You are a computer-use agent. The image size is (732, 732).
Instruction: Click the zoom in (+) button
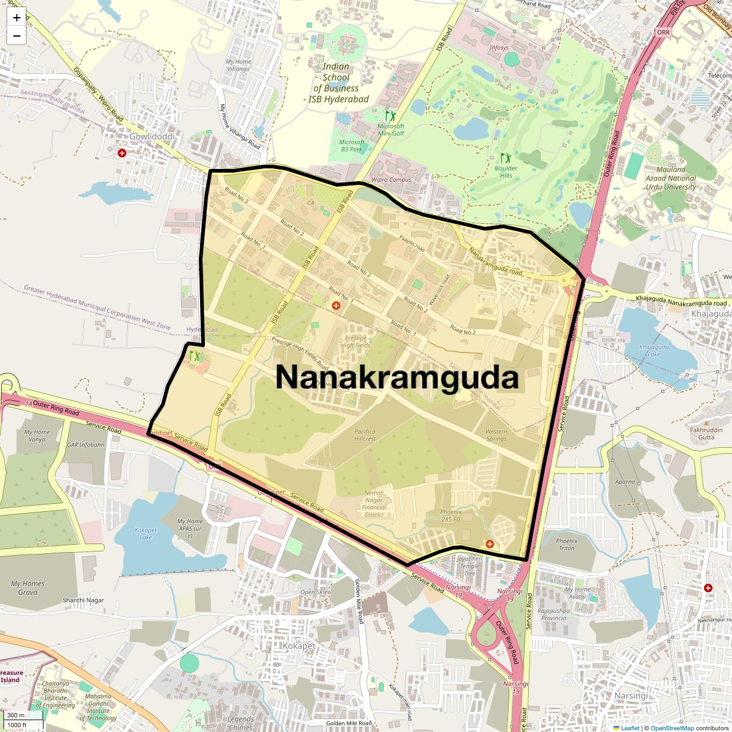[x=16, y=18]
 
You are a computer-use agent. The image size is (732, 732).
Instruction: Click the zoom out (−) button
[x=16, y=35]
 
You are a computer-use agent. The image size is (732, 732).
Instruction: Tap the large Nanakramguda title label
[x=397, y=377]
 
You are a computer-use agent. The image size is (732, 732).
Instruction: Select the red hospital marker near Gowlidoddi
[x=122, y=152]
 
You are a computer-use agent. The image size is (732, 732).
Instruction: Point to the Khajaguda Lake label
[x=649, y=350]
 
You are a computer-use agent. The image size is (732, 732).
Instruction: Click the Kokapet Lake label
[x=146, y=534]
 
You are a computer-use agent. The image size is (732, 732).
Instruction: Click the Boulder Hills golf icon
[x=505, y=158]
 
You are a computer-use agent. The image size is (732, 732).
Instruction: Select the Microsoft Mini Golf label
[x=390, y=129]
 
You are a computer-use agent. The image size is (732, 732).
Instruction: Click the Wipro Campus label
[x=391, y=180]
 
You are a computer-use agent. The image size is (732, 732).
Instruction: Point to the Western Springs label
[x=496, y=435]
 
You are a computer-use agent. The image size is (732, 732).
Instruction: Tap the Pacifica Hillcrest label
[x=365, y=435]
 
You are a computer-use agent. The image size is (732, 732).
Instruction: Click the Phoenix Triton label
[x=566, y=544]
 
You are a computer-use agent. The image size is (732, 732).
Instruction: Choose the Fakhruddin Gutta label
[x=706, y=433]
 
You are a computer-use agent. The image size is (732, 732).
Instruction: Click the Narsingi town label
[x=631, y=696]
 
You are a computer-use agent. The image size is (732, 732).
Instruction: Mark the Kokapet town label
[x=299, y=646]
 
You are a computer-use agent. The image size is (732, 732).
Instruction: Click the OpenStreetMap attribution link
[x=672, y=728]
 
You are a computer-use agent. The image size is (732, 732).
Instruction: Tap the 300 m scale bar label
[x=16, y=716]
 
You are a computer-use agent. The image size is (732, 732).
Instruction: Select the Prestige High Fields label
[x=355, y=342]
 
